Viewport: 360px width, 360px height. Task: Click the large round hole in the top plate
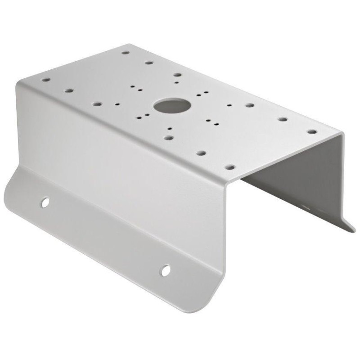coord(172,106)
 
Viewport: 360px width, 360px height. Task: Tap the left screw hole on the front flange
coord(45,202)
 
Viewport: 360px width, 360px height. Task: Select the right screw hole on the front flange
coord(166,270)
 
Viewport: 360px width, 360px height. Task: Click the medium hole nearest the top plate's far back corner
coord(126,53)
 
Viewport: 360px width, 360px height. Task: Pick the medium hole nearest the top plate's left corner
coord(46,80)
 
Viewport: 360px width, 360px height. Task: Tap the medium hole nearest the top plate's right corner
coord(311,132)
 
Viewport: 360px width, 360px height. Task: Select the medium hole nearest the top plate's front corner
coord(230,167)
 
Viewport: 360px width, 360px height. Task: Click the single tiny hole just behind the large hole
coord(176,82)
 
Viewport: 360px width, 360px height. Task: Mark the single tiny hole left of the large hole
coord(117,104)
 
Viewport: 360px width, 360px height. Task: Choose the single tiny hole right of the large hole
coord(229,105)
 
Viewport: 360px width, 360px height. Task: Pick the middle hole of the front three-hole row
coord(201,153)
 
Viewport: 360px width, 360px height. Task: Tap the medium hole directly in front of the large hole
coord(168,138)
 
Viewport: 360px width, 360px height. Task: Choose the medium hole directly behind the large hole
coord(177,75)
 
